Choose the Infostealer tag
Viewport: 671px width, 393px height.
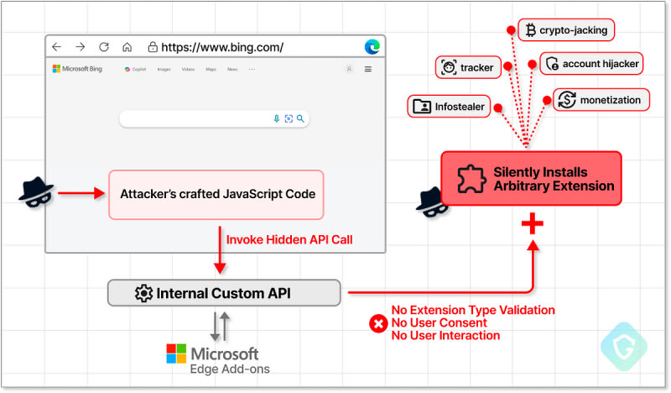coord(450,107)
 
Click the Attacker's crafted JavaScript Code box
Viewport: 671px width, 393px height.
coord(216,194)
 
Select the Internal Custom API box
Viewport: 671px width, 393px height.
coord(224,293)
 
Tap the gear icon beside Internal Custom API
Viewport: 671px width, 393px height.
coord(143,293)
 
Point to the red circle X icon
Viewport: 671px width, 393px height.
coord(378,322)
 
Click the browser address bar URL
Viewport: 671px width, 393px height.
coord(222,47)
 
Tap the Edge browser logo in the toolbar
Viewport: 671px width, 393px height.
coord(372,47)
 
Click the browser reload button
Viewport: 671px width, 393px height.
coord(104,47)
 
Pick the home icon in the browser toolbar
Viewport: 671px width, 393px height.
coord(127,47)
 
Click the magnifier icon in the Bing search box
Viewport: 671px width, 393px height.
coord(300,118)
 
